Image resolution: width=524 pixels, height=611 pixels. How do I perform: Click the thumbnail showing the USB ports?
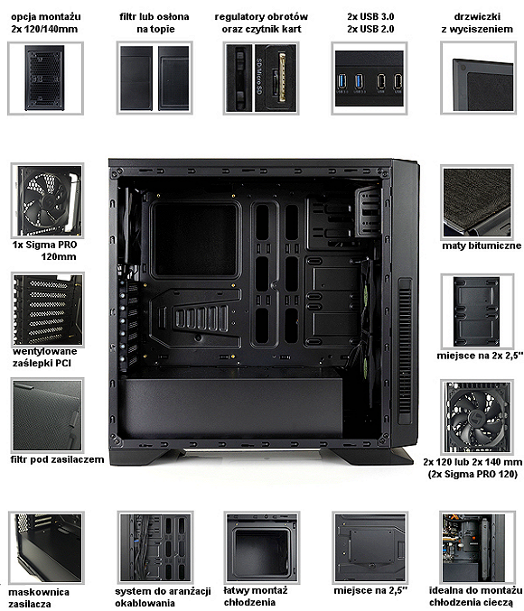(370, 79)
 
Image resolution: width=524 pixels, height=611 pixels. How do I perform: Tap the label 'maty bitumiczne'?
(482, 245)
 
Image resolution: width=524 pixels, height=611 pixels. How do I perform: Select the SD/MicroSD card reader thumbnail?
(261, 79)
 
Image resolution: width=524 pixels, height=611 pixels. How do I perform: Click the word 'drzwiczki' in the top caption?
(477, 17)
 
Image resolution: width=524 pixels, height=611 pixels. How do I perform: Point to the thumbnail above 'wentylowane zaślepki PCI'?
(48, 310)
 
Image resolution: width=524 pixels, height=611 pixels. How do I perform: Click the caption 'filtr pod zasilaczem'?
(57, 459)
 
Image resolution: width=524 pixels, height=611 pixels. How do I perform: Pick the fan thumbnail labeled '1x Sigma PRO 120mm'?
(47, 200)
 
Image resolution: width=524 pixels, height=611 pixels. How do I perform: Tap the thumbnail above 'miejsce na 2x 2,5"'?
(477, 311)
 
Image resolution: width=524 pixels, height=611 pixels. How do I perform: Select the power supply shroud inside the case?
(233, 408)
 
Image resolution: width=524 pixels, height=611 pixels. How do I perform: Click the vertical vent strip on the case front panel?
(405, 351)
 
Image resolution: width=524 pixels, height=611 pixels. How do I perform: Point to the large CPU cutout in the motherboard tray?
(195, 239)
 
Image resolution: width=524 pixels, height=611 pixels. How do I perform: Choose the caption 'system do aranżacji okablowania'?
(163, 597)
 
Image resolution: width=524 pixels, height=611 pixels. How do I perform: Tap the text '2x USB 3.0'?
(370, 17)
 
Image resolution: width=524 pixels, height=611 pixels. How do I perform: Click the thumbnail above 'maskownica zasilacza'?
(46, 548)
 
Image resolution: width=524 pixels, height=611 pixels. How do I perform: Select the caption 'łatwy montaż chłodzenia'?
(255, 597)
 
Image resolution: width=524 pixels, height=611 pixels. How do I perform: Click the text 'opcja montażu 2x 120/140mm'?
(46, 23)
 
